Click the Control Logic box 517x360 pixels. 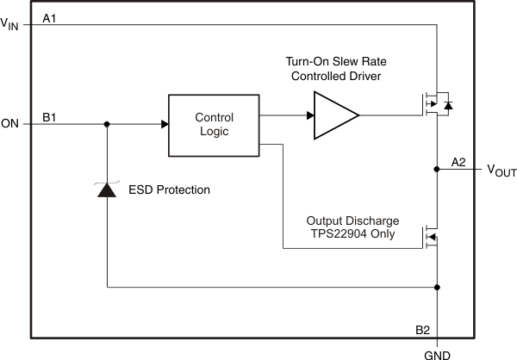215,124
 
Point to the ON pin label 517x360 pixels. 10,124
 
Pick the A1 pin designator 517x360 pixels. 50,17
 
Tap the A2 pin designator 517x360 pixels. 458,161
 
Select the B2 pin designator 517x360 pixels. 424,330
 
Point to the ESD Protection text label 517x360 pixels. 168,189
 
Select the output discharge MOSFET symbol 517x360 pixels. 431,236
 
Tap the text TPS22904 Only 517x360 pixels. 356,233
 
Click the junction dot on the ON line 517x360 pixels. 106,124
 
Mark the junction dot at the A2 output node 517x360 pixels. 439,171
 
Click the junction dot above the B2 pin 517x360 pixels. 439,287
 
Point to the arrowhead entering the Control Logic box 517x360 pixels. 164,124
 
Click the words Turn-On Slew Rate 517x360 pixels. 336,63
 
